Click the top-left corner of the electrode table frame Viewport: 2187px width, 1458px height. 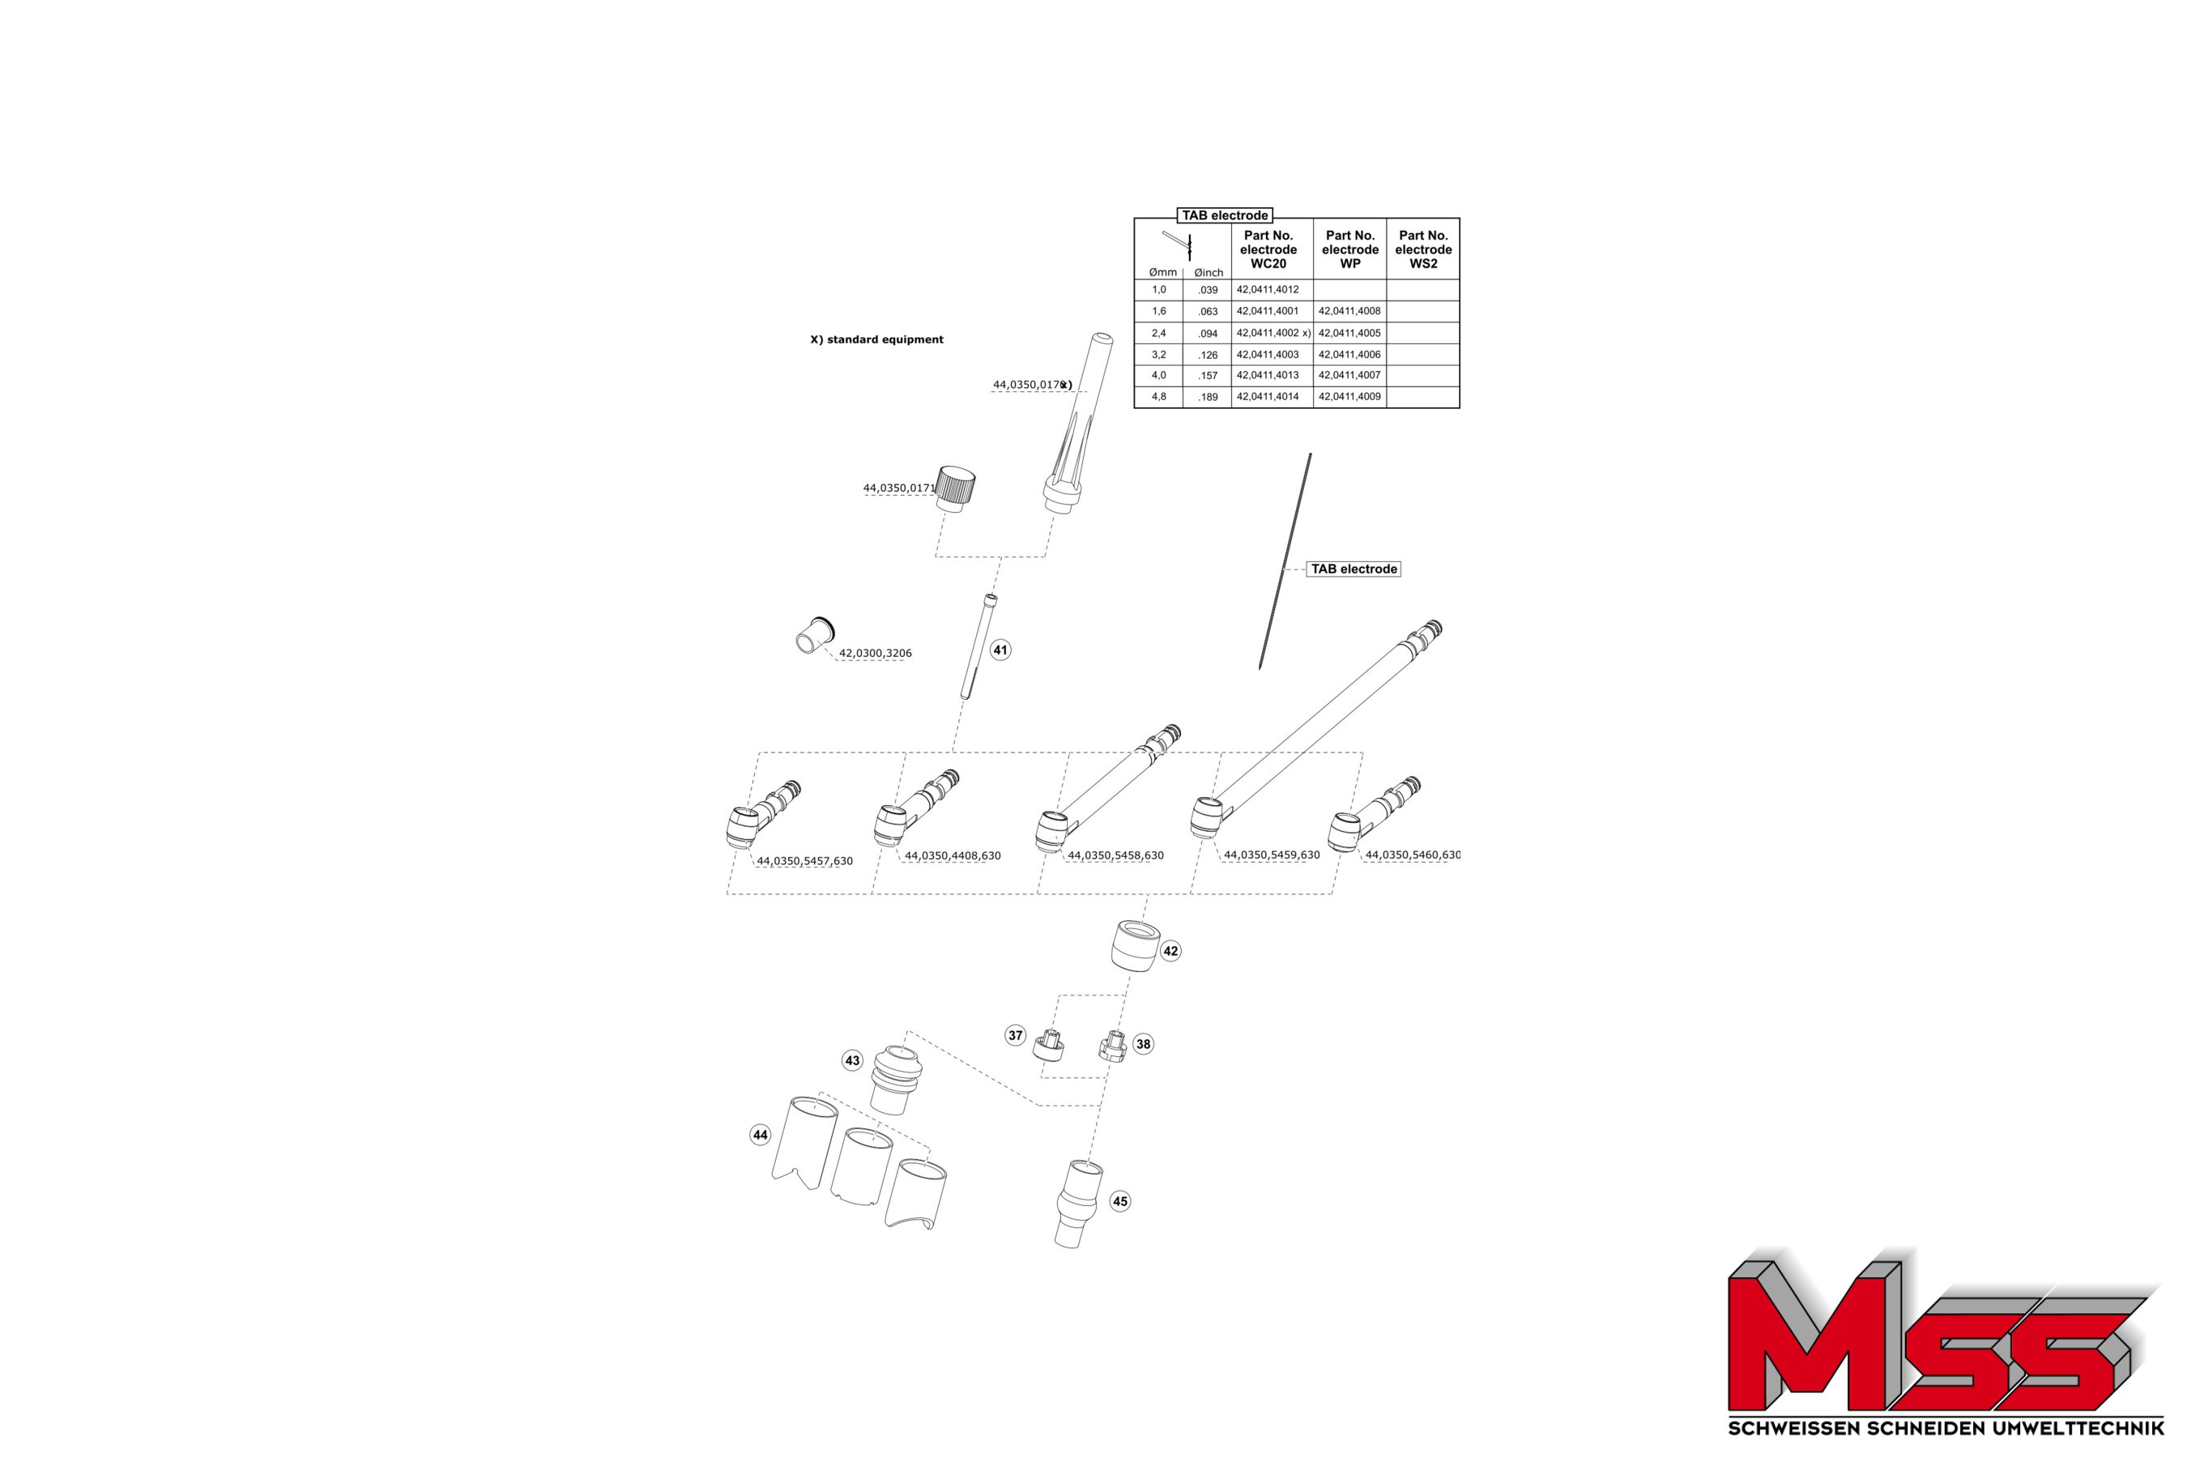pos(1135,219)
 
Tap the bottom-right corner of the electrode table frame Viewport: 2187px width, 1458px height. pos(1460,408)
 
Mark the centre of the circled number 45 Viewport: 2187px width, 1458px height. pos(1120,1201)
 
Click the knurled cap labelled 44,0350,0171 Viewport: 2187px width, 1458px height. pos(955,488)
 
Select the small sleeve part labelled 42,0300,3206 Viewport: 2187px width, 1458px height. pos(816,636)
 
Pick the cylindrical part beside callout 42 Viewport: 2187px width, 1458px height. pos(1135,947)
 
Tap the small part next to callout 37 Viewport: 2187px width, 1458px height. pos(1048,1048)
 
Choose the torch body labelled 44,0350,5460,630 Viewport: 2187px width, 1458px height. pos(1374,815)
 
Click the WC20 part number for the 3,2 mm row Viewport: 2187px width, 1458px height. pos(1268,354)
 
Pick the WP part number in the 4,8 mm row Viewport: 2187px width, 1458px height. pos(1349,396)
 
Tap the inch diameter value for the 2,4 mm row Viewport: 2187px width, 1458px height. pos(1208,334)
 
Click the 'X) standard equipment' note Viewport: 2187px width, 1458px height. pos(877,339)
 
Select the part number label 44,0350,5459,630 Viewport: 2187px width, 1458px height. pos(1271,855)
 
